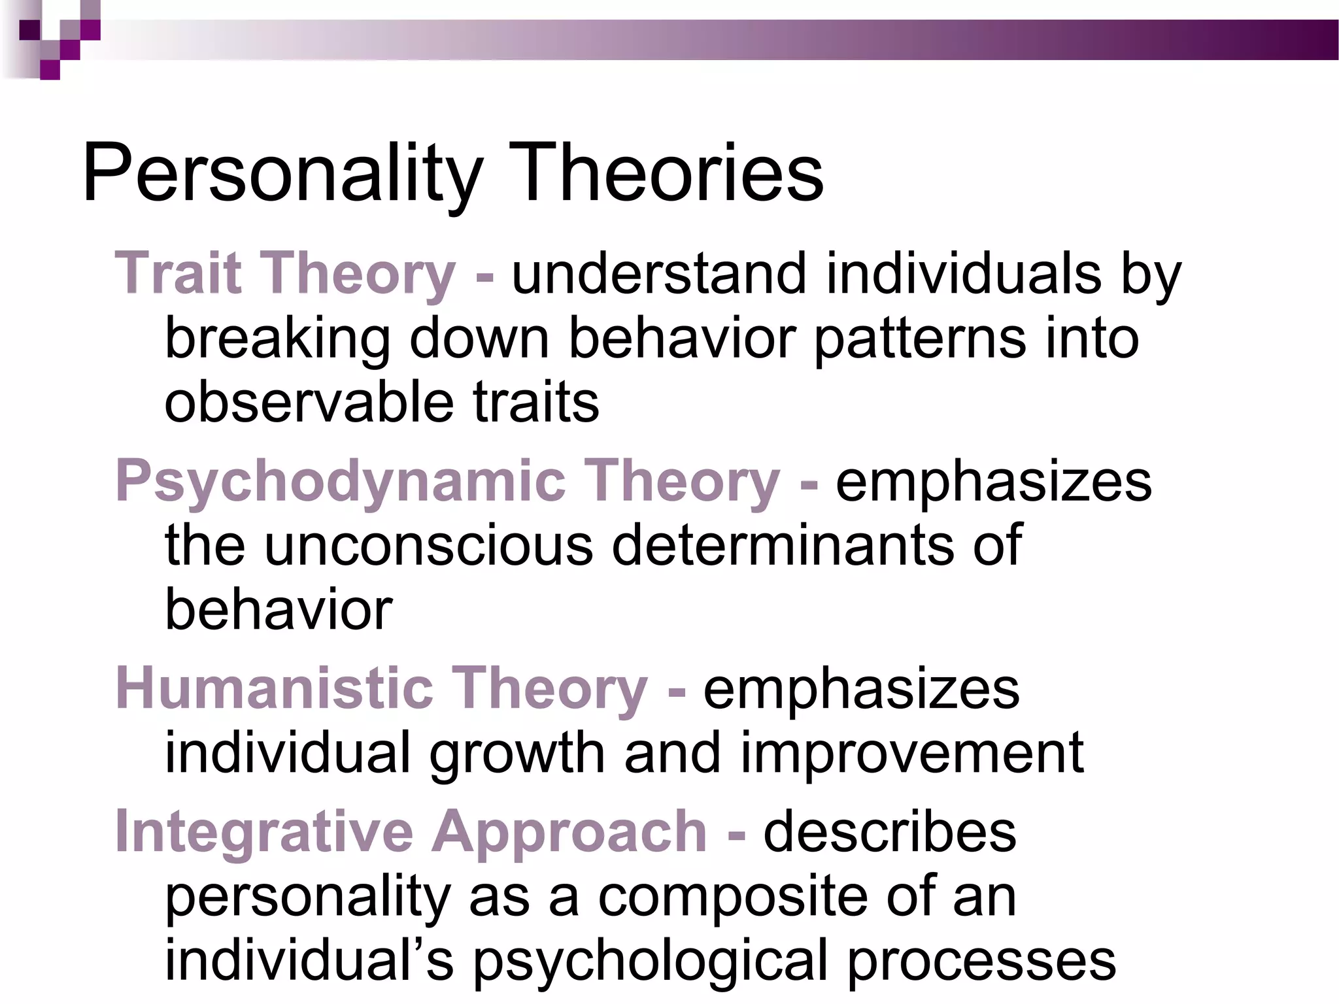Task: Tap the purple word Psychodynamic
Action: pyautogui.click(x=340, y=482)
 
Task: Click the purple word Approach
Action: pyautogui.click(x=569, y=833)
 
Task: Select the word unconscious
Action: pyautogui.click(x=428, y=545)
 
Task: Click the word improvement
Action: pyautogui.click(x=912, y=754)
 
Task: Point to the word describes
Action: pyautogui.click(x=890, y=832)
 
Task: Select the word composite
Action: pyautogui.click(x=732, y=898)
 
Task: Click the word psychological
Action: pyautogui.click(x=651, y=961)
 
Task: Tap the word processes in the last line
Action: pyautogui.click(x=981, y=961)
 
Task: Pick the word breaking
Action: pyautogui.click(x=277, y=340)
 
